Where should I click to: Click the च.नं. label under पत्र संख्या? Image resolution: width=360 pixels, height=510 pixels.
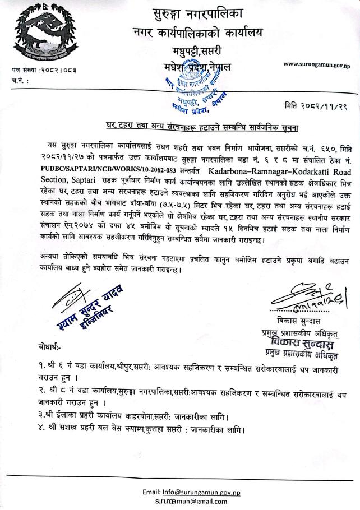tap(20, 80)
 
